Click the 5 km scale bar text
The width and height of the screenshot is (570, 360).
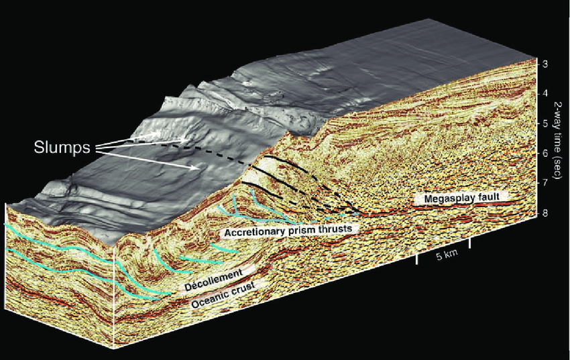click(x=447, y=256)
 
